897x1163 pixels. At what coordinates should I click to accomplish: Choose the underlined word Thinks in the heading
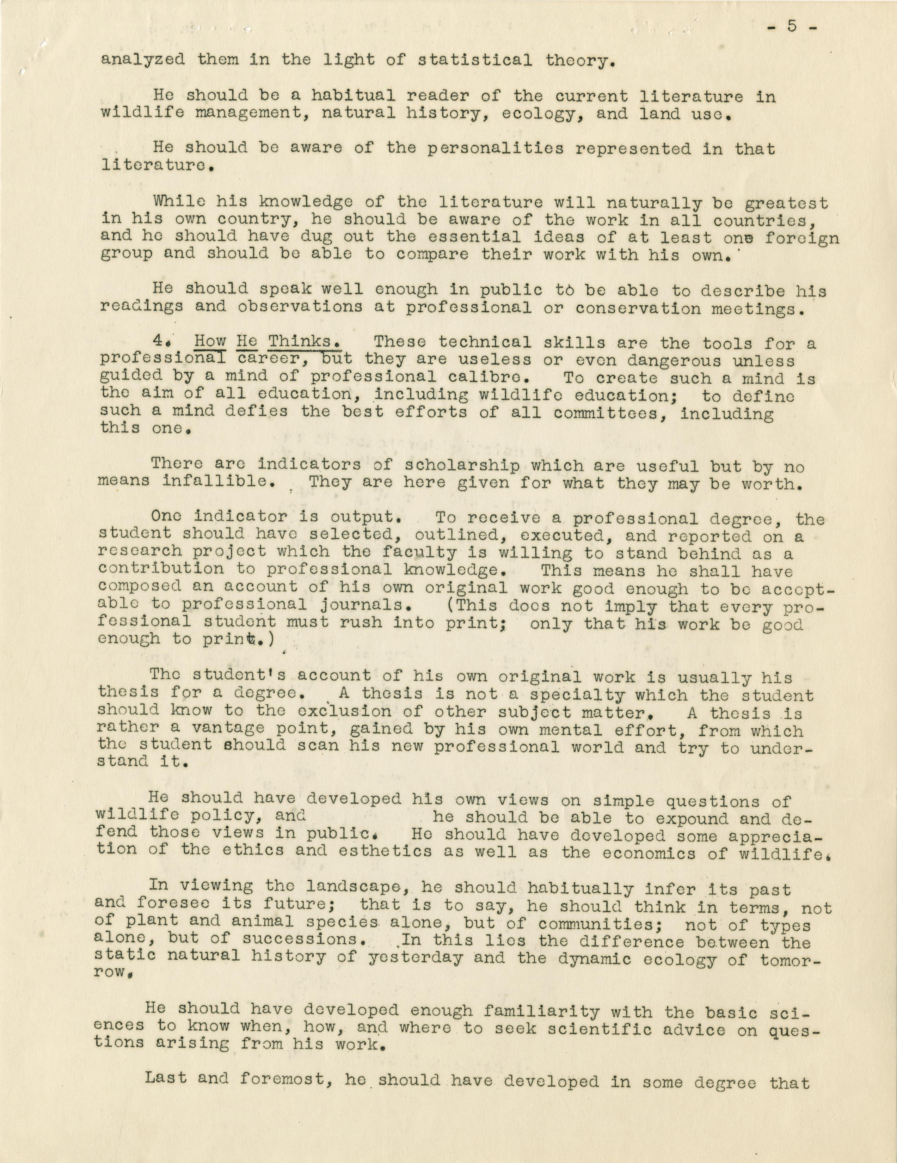(305, 341)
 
